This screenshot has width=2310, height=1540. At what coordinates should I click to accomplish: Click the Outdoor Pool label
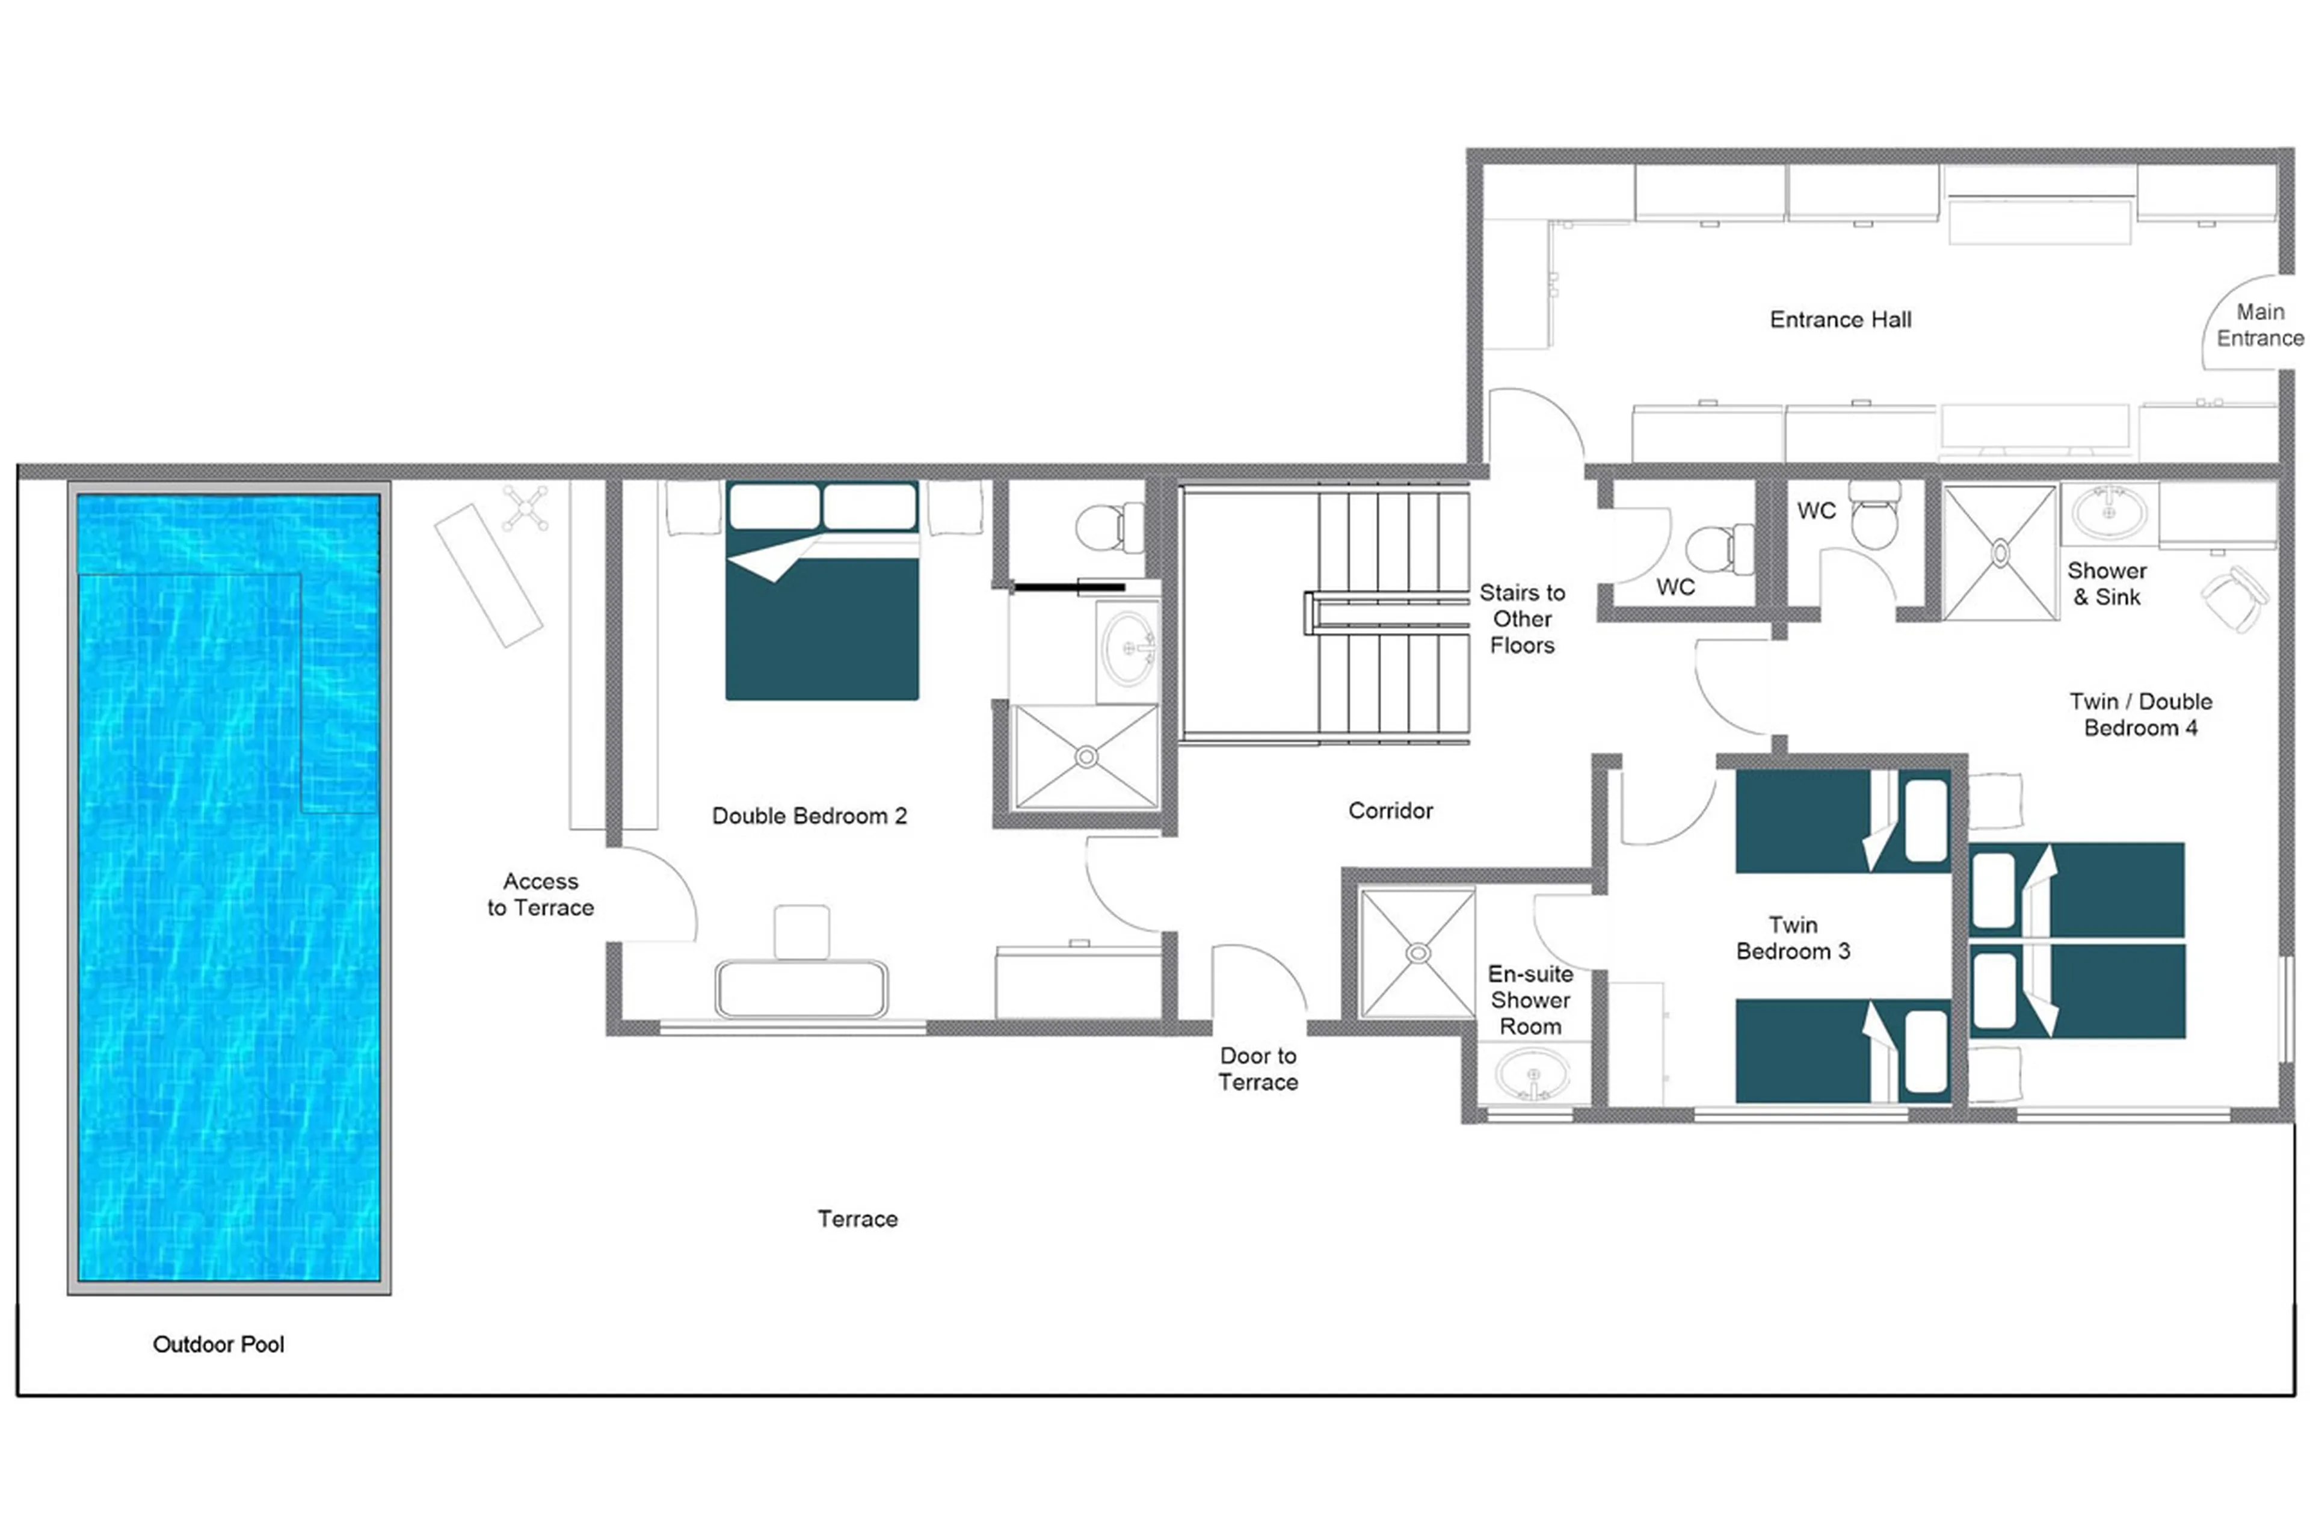tap(218, 1344)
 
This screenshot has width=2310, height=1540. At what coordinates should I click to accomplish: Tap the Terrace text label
tap(857, 1218)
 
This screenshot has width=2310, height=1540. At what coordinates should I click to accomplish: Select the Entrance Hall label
tap(1840, 319)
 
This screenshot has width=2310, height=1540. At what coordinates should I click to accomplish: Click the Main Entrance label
tap(2259, 325)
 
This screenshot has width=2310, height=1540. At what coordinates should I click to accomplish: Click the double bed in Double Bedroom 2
tap(822, 609)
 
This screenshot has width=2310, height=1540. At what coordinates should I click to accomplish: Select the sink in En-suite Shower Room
tap(1532, 1074)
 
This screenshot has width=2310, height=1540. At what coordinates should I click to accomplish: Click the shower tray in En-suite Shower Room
tap(1417, 953)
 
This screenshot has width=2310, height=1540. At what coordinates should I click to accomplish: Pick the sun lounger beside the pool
tap(488, 575)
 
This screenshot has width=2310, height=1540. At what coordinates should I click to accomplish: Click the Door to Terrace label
tap(1258, 1069)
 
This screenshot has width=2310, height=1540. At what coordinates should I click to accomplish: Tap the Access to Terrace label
tap(540, 894)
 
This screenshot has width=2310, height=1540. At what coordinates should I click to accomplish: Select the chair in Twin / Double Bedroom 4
tap(2234, 597)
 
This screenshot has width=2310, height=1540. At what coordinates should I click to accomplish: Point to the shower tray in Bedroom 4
tap(1999, 553)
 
